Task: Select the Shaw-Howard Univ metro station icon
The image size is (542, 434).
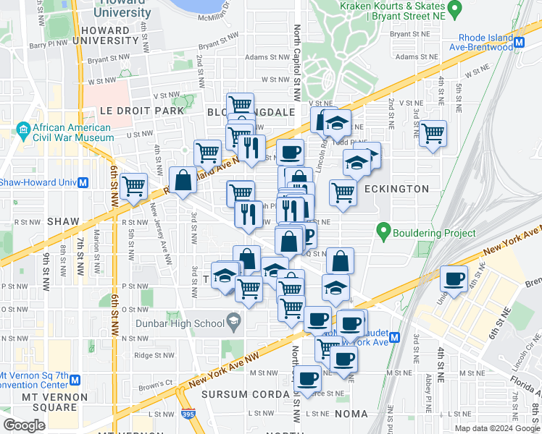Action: click(83, 182)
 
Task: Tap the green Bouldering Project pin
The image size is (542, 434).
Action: click(383, 233)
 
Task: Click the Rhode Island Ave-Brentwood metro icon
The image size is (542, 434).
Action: click(518, 43)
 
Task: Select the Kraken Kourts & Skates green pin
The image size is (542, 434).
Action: click(454, 9)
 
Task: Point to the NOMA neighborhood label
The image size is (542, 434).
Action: click(351, 414)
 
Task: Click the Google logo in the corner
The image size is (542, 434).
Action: click(23, 425)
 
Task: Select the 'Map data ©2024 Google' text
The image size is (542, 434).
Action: click(497, 428)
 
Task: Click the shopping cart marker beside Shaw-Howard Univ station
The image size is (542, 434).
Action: click(133, 186)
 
